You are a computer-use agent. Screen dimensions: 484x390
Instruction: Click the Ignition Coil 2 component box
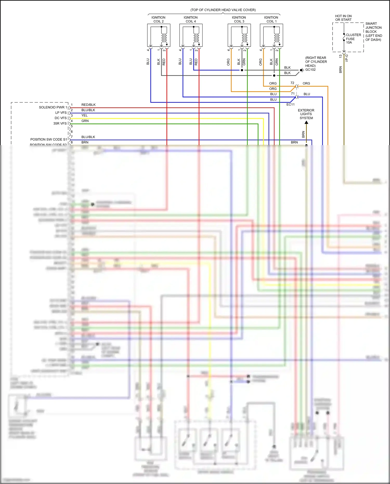click(x=159, y=35)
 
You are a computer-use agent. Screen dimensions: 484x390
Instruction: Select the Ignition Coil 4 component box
click(x=191, y=35)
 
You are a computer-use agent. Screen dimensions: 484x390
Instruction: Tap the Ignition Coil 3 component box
click(x=239, y=35)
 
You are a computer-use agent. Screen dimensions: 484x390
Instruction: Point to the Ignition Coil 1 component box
click(x=271, y=35)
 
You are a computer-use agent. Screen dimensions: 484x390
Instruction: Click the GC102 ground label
click(x=310, y=70)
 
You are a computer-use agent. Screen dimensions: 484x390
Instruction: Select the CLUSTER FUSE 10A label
click(x=353, y=39)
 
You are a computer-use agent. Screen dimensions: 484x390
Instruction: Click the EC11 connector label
click(x=290, y=105)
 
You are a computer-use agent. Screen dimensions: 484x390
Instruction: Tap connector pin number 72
click(x=292, y=83)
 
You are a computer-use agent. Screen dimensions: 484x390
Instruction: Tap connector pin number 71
click(x=293, y=94)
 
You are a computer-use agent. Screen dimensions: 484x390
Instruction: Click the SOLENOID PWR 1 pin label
click(x=53, y=107)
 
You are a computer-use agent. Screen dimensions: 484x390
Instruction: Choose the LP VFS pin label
click(x=61, y=113)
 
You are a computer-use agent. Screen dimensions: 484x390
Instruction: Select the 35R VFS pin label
click(x=60, y=124)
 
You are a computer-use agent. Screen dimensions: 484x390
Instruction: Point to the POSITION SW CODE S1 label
click(x=49, y=139)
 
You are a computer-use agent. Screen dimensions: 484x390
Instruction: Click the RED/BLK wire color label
click(x=88, y=105)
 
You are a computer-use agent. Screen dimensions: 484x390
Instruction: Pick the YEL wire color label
click(x=84, y=115)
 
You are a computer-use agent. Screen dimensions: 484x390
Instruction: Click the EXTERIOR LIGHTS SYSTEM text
click(x=306, y=114)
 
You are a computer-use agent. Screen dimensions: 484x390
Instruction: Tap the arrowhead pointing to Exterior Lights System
click(x=306, y=122)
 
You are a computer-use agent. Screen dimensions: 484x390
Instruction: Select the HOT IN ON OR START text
click(x=343, y=18)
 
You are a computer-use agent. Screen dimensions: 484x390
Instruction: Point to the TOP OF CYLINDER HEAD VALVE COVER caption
click(x=223, y=10)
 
